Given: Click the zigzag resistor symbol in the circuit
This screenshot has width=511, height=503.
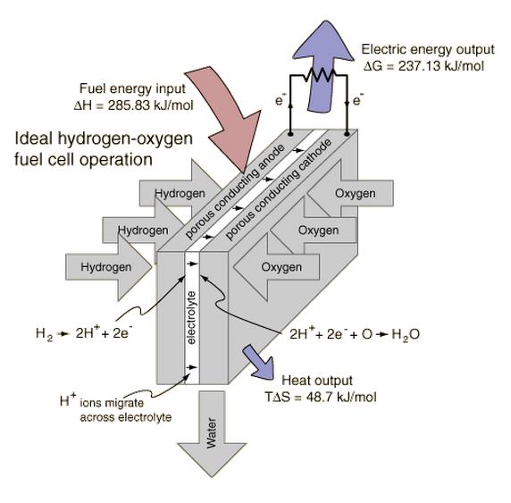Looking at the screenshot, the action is (x=319, y=75).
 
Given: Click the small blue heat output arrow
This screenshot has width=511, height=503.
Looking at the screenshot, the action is (x=258, y=362).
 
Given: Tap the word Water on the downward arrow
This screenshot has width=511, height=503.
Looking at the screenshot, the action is (x=212, y=433).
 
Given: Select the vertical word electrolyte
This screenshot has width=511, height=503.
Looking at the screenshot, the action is (x=191, y=318).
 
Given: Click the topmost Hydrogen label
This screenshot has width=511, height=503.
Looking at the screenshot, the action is (x=180, y=193).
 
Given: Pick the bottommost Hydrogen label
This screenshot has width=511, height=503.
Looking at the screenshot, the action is (x=106, y=267).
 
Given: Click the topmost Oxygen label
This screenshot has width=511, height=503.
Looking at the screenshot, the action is (x=356, y=193).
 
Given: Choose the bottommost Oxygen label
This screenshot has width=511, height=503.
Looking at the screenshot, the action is (x=281, y=267).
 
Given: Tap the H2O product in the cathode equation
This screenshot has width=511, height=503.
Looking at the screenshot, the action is (x=406, y=334).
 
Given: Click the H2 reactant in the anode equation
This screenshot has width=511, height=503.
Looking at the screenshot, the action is (x=44, y=334).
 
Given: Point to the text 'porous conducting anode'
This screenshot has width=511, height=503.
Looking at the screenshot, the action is (x=235, y=192).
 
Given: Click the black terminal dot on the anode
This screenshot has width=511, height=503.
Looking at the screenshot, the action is (x=290, y=134).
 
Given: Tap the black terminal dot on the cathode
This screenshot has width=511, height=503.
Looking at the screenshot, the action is (x=347, y=134).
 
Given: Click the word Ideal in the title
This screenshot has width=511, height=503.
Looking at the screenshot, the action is (x=34, y=138).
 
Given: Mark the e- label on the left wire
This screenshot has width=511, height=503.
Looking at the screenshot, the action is (x=281, y=99).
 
